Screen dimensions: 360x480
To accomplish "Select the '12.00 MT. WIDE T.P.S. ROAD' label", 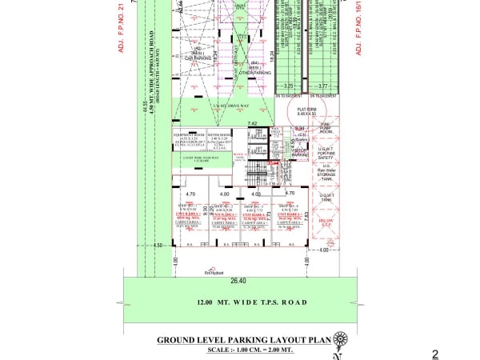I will click(x=241, y=303).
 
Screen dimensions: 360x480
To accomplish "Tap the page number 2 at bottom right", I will click(x=435, y=354).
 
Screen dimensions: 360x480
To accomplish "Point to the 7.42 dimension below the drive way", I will click(x=252, y=122).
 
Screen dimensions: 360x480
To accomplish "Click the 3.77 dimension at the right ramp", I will click(x=322, y=86).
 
